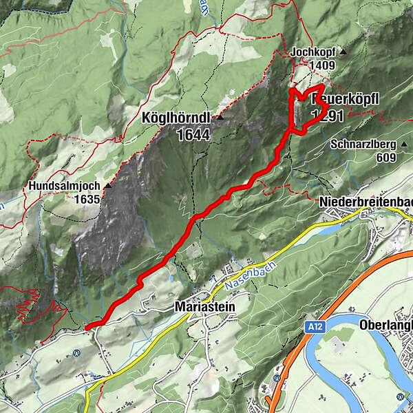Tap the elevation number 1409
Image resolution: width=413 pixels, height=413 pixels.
(x=322, y=66)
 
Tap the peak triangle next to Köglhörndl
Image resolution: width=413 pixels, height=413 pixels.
(x=220, y=118)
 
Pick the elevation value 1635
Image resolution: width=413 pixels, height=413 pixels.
(x=89, y=200)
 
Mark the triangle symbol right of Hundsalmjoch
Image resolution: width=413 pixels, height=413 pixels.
(x=108, y=186)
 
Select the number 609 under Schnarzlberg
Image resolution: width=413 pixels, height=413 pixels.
(x=386, y=158)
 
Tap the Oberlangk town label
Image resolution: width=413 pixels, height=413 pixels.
(x=385, y=326)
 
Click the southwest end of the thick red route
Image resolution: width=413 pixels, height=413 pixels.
(x=88, y=326)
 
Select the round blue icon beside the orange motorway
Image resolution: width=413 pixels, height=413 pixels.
(x=276, y=378)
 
